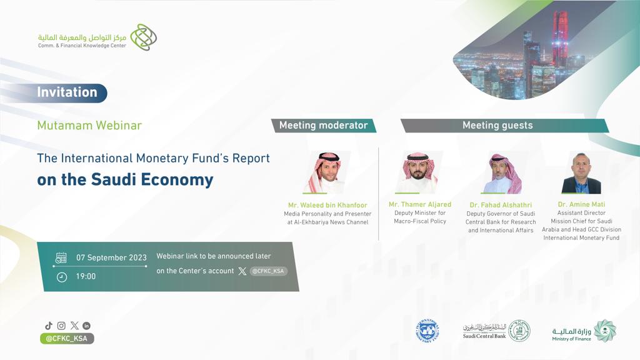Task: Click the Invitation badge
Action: pyautogui.click(x=67, y=92)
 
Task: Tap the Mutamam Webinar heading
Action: pyautogui.click(x=89, y=125)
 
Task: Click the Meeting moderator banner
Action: pyautogui.click(x=323, y=125)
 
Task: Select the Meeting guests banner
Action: pyautogui.click(x=504, y=125)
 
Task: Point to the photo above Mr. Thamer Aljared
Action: pyautogui.click(x=419, y=172)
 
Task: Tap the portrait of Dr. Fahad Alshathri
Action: pyautogui.click(x=505, y=173)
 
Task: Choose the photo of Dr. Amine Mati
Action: pyautogui.click(x=581, y=173)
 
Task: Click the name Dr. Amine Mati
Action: pyautogui.click(x=581, y=204)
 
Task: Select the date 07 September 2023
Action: pyautogui.click(x=111, y=257)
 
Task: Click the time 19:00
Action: pyautogui.click(x=86, y=276)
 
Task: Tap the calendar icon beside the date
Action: pyautogui.click(x=61, y=258)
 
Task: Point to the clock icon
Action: pyautogui.click(x=62, y=277)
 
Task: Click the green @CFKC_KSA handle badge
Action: pyautogui.click(x=67, y=338)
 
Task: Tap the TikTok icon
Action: pyautogui.click(x=49, y=326)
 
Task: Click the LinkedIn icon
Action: pyautogui.click(x=86, y=326)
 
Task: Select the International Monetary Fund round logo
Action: pyautogui.click(x=427, y=331)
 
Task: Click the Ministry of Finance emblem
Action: pyautogui.click(x=605, y=331)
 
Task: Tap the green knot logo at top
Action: pyautogui.click(x=144, y=37)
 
